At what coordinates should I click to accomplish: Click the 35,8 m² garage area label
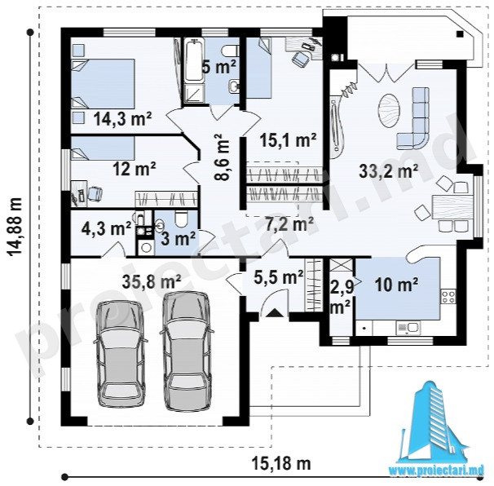coord(152,282)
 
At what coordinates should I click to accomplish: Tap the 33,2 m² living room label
coord(389,171)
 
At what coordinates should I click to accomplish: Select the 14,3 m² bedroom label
coord(122,119)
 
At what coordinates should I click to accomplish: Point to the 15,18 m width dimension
coord(281,463)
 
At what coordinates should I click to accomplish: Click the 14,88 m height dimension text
coord(15,232)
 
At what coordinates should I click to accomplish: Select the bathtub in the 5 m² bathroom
coord(194,61)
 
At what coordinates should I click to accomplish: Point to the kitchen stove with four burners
coord(448,296)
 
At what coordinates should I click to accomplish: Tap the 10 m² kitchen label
coord(396,285)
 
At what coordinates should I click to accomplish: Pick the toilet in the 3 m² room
coord(182,219)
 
